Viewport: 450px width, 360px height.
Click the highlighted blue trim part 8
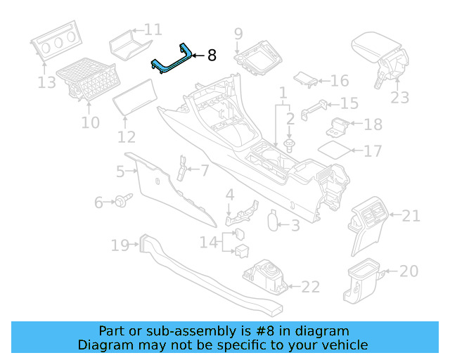(172, 63)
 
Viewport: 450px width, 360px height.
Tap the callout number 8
(212, 56)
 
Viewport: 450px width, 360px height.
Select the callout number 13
(46, 83)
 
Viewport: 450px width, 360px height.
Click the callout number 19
(120, 245)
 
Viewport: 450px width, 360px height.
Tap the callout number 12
(127, 137)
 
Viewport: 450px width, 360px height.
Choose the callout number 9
(238, 33)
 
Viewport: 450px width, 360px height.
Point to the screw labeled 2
(289, 145)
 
